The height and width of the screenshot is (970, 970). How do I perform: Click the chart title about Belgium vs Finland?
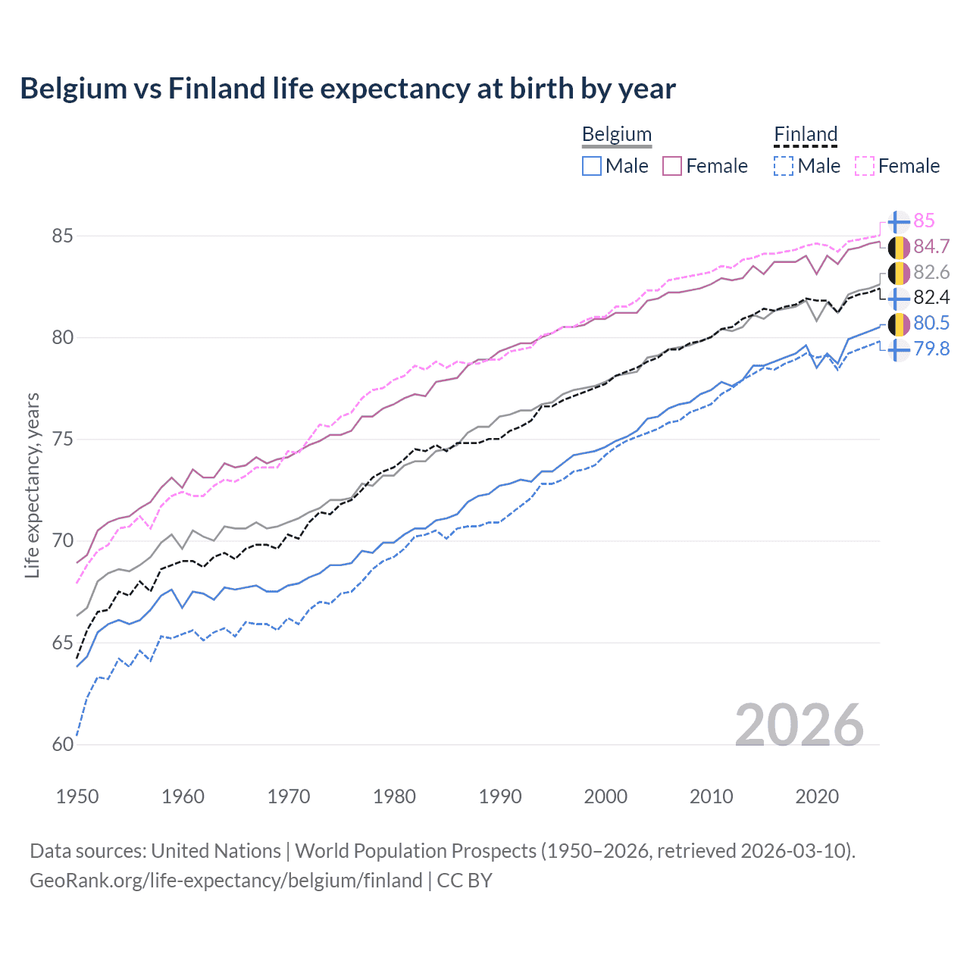tap(347, 89)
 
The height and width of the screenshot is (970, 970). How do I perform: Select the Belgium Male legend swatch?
tap(592, 166)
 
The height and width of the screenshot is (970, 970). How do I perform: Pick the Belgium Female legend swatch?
tap(672, 166)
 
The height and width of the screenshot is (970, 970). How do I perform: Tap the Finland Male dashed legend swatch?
tap(784, 166)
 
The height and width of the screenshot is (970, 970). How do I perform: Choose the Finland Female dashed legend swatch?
tap(865, 166)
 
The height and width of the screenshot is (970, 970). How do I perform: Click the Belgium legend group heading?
tap(616, 135)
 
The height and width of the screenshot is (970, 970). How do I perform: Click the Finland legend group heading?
tap(805, 135)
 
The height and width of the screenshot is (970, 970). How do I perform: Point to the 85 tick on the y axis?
tap(63, 236)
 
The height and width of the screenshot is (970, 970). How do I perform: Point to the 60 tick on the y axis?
tap(63, 745)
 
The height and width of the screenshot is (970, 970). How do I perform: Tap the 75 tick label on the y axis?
tap(63, 440)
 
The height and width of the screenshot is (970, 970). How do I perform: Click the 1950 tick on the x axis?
tap(77, 796)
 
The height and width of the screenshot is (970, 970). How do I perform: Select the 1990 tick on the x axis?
tap(500, 796)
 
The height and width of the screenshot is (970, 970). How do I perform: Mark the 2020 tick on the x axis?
tap(817, 796)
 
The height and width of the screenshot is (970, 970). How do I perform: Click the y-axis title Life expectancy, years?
tap(33, 485)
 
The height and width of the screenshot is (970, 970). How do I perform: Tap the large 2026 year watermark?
tap(799, 725)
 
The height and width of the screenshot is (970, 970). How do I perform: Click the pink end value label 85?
tap(924, 221)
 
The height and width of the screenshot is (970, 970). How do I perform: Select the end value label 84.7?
tap(931, 246)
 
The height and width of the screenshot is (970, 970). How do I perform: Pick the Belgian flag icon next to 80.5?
tap(898, 324)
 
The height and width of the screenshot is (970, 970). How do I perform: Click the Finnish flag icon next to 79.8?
tap(898, 349)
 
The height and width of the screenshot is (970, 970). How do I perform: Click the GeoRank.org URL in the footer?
tap(226, 881)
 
